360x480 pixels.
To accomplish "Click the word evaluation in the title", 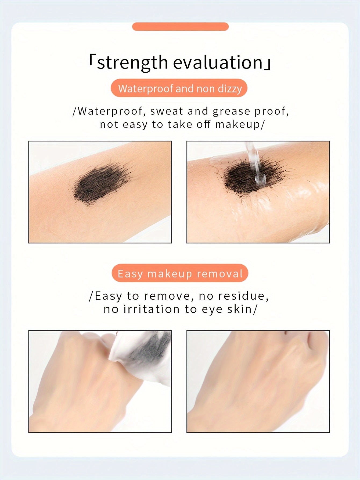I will pos(218,62).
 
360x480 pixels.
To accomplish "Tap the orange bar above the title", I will pos(180,27).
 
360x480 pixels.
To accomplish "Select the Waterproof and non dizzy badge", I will pos(179,88).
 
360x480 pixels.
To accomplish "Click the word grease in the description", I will pos(231,111).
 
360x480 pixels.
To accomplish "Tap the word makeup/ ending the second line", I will pos(240,124).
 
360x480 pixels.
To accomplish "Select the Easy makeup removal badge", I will pos(180,273).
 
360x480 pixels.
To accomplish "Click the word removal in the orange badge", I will pos(219,273).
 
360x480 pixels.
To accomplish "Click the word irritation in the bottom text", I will pos(151,309).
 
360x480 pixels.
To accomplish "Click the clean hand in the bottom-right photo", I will pos(258,382).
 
